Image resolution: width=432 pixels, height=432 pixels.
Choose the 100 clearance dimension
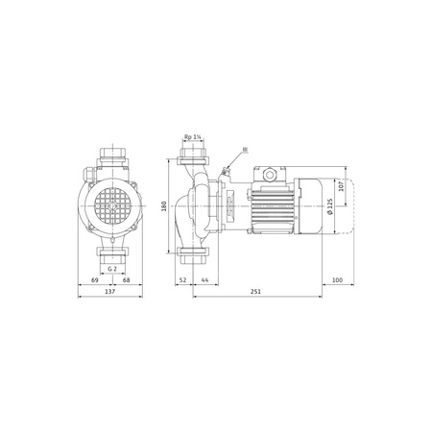337,279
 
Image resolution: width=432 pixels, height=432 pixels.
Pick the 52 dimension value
182,279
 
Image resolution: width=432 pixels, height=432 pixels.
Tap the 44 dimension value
204,279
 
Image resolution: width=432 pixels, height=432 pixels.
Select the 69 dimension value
92,279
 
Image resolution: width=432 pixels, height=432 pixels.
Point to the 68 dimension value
127,279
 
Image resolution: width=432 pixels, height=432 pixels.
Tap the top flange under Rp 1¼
192,155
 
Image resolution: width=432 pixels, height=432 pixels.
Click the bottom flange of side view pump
192,256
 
